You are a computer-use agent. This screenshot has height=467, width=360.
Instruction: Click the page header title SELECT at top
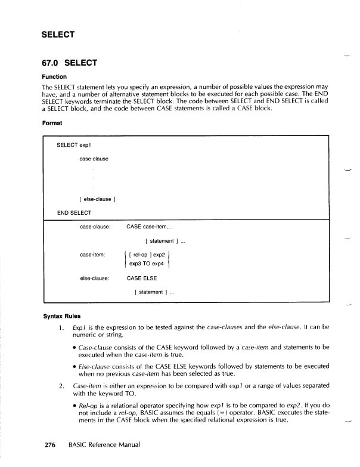point(58,34)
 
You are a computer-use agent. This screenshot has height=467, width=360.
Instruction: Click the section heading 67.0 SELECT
point(69,63)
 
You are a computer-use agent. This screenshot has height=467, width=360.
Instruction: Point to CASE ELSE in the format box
point(142,278)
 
